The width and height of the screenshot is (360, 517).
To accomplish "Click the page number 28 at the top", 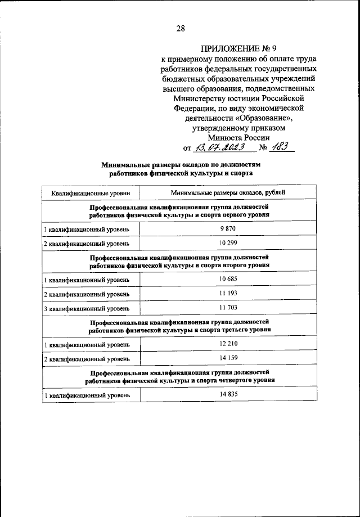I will (x=181, y=29).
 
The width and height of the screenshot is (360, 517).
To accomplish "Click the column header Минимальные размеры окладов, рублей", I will (x=229, y=193).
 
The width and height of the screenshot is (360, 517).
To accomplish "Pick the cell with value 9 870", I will (x=229, y=229).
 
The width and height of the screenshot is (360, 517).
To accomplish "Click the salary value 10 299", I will (x=229, y=243).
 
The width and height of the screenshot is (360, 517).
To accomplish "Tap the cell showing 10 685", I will (x=229, y=279).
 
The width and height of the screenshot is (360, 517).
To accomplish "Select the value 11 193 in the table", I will (x=229, y=294).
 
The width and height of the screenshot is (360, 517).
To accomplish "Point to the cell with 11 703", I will (x=229, y=308).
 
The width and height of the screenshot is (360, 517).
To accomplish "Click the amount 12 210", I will (x=229, y=344).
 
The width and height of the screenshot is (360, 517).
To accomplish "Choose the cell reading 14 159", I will (x=229, y=358).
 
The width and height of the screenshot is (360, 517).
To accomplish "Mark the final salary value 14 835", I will (x=229, y=394).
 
